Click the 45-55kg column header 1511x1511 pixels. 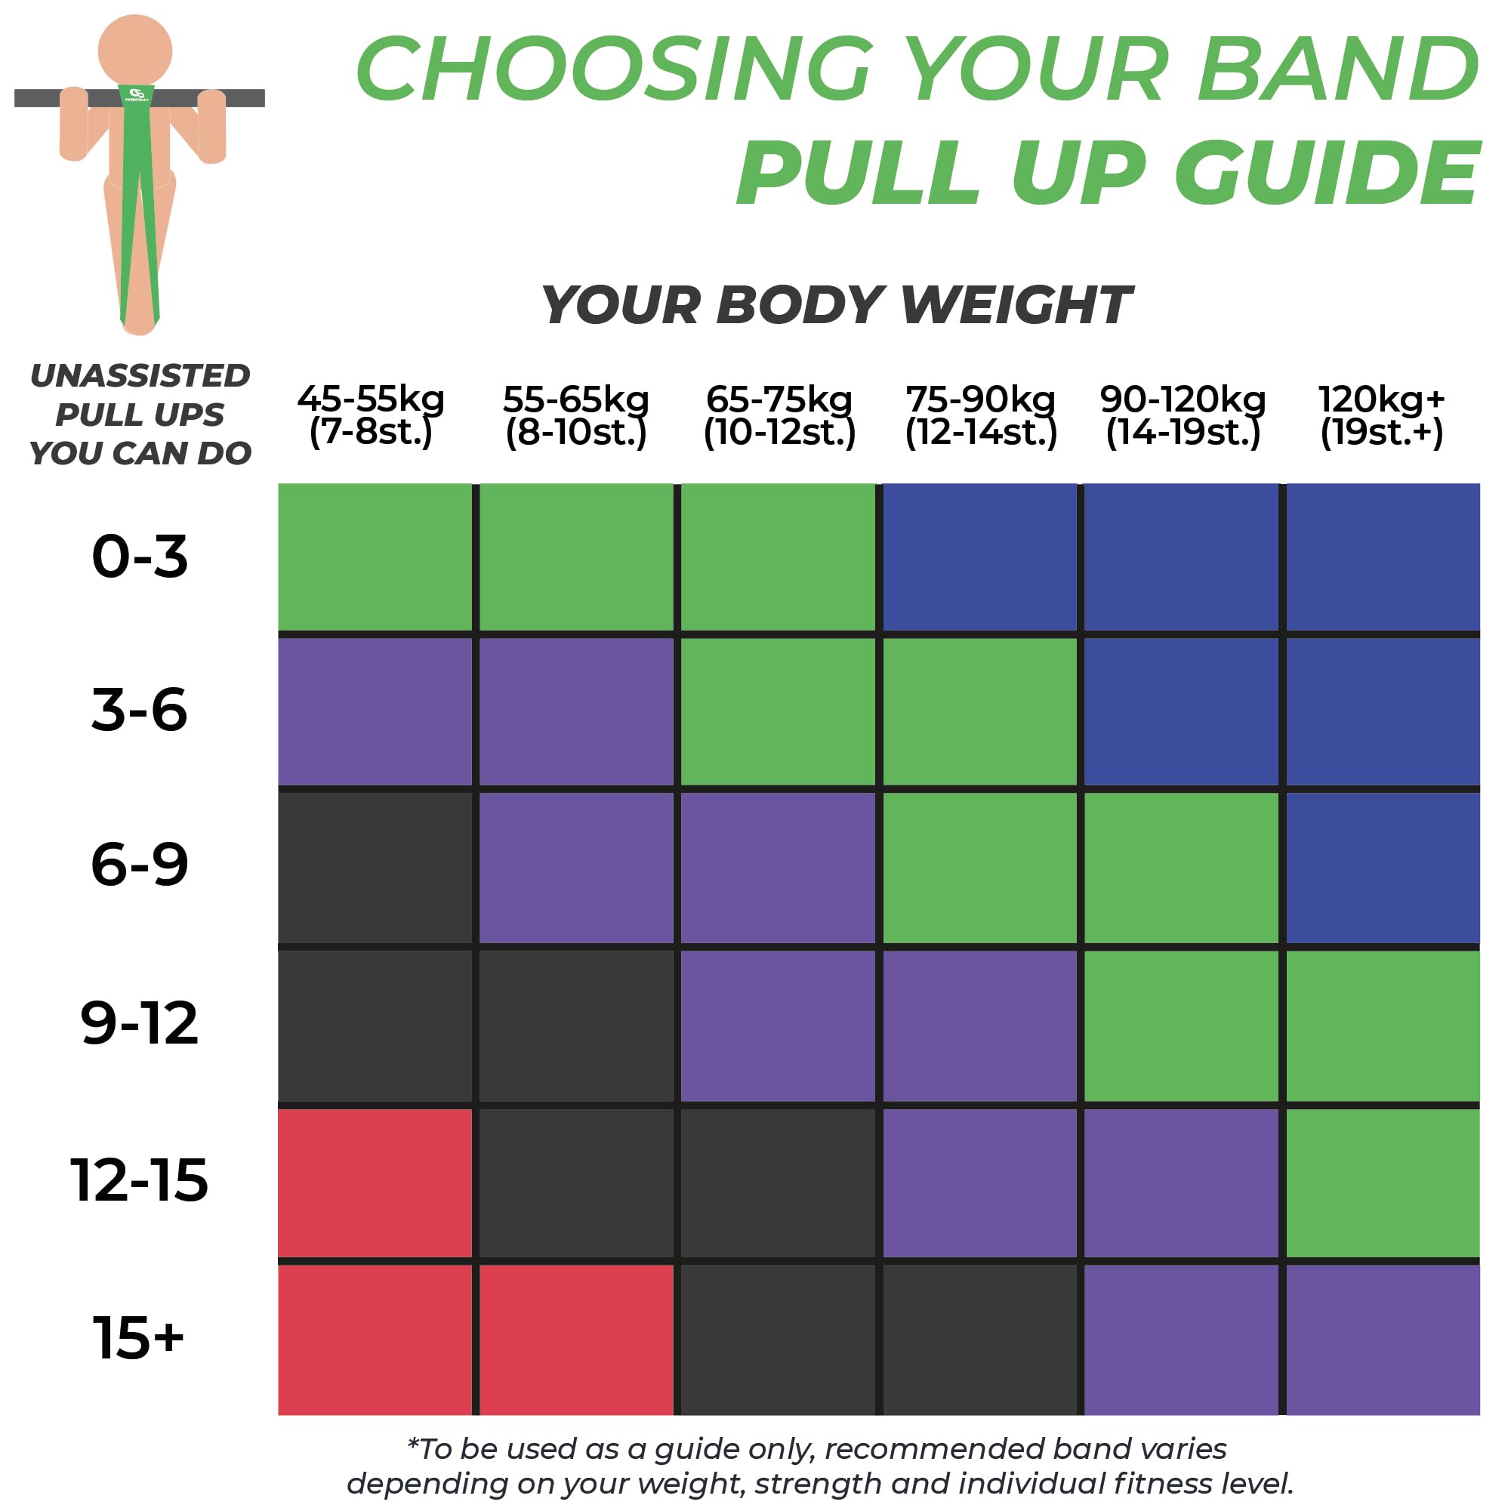coord(371,415)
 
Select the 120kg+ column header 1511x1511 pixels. coord(1381,415)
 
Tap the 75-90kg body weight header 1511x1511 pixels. coord(981,415)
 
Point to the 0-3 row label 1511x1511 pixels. coord(140,557)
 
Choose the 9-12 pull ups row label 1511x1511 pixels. coord(140,1023)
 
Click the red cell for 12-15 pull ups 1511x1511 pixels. coord(375,1183)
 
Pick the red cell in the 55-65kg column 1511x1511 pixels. coord(575,1340)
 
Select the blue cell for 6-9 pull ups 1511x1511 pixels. coord(1382,868)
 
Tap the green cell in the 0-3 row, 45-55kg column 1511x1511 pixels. coord(375,557)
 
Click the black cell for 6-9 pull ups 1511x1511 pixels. coord(375,868)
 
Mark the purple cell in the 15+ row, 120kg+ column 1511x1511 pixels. coord(1382,1340)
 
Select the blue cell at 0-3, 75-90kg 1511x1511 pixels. coord(979,557)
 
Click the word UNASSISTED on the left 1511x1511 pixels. coord(140,376)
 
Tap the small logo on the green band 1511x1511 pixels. coord(137,94)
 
